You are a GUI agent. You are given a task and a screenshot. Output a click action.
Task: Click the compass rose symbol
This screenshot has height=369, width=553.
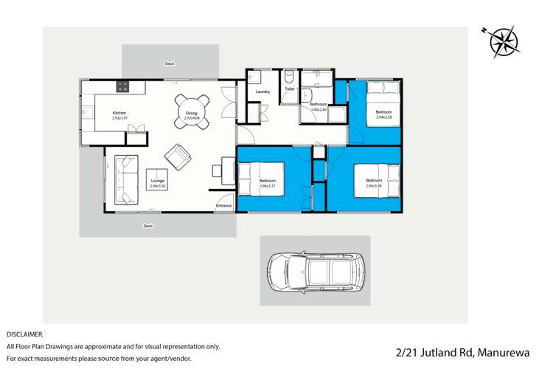(504, 41)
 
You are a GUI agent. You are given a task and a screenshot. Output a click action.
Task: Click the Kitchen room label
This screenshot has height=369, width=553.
(119, 113)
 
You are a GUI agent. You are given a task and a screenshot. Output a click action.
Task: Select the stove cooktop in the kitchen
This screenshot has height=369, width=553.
(122, 86)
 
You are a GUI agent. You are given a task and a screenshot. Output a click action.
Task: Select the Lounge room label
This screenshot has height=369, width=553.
(158, 181)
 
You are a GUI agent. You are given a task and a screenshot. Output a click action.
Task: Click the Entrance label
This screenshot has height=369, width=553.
(223, 206)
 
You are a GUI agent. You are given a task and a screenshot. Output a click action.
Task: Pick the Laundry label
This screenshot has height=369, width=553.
(262, 92)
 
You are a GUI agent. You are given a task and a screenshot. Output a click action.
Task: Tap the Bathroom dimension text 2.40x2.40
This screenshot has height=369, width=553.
(319, 110)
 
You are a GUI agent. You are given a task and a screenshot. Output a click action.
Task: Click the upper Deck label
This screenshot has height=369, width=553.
(170, 64)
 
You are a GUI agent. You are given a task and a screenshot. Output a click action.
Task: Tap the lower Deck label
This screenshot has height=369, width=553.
(148, 227)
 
